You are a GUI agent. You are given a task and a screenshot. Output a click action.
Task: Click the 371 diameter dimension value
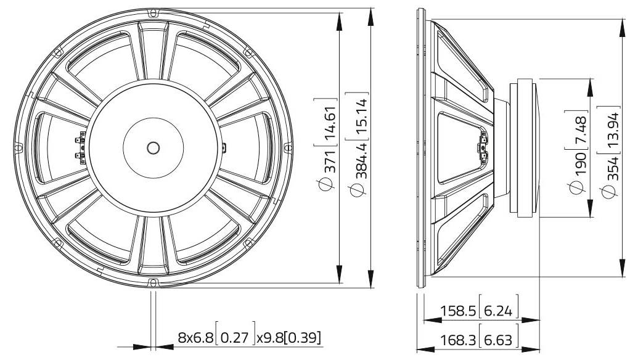point(327,162)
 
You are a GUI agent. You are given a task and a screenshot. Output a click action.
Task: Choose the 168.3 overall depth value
point(458,340)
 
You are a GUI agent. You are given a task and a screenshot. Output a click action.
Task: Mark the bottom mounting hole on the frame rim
point(152,282)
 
